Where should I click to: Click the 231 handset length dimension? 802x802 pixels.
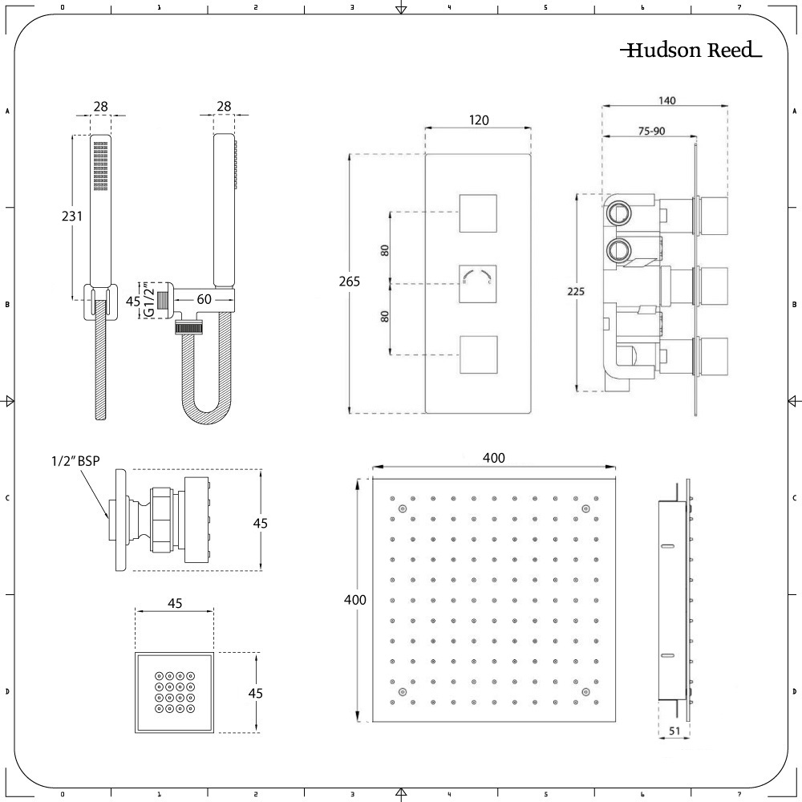pos(72,216)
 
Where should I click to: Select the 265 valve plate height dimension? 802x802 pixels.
pos(349,282)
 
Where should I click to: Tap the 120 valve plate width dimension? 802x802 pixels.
pos(479,120)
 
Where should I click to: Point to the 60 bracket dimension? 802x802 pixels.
pos(204,299)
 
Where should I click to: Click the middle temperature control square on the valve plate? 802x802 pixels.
pos(478,283)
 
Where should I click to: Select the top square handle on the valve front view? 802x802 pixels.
pos(478,213)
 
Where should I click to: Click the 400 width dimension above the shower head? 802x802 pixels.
pos(494,458)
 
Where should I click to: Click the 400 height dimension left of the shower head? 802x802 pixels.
pos(354,600)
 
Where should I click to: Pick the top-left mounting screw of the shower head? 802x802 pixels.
pos(402,509)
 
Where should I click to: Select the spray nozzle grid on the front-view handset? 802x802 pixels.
pos(101,167)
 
